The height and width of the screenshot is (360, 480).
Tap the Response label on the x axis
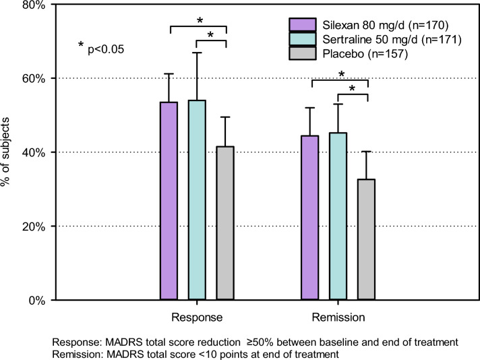pyautogui.click(x=197, y=317)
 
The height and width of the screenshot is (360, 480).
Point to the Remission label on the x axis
pyautogui.click(x=338, y=317)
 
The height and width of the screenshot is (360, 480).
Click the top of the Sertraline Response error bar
pyautogui.click(x=198, y=53)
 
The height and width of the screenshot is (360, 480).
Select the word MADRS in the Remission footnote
pyautogui.click(x=125, y=353)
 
